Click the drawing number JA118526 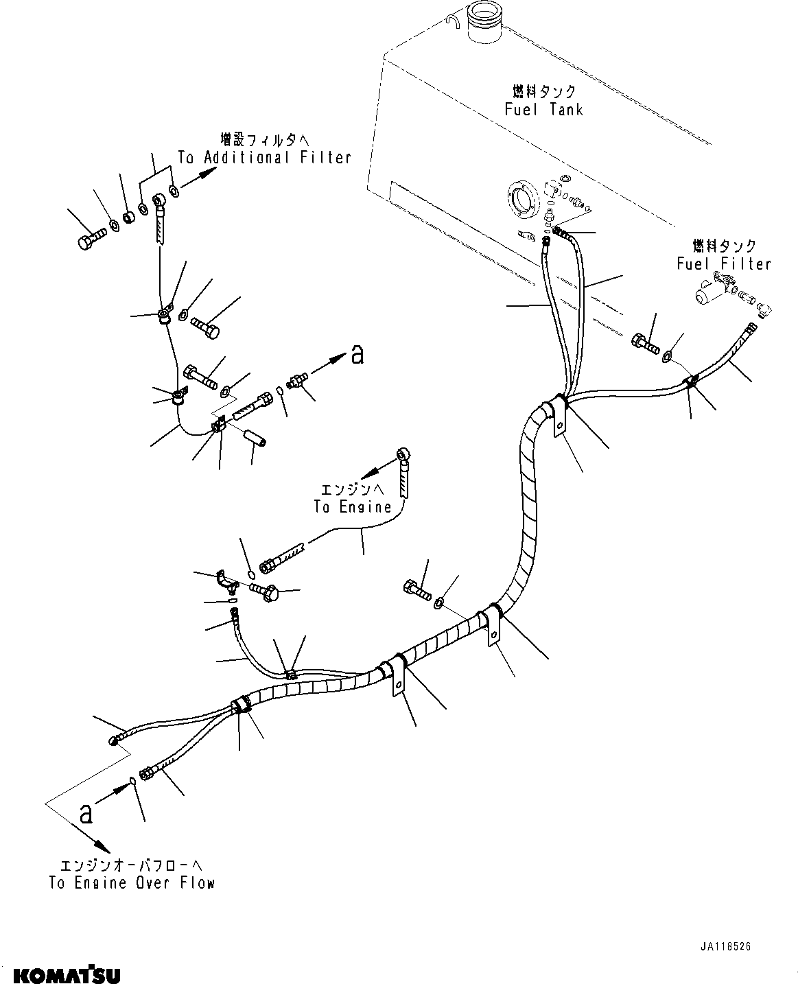pyautogui.click(x=726, y=946)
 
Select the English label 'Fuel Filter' pyautogui.click(x=723, y=264)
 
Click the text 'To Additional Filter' pyautogui.click(x=264, y=158)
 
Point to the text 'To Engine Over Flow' pyautogui.click(x=132, y=883)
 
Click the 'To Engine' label pyautogui.click(x=352, y=508)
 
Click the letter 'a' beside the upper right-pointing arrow pyautogui.click(x=356, y=355)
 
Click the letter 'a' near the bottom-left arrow pyautogui.click(x=85, y=814)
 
